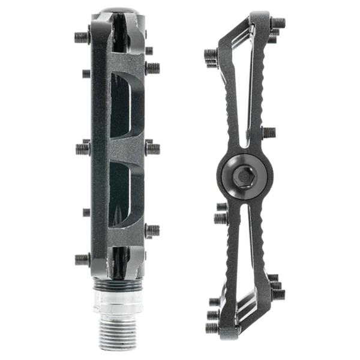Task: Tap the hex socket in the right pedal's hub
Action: [x=245, y=175]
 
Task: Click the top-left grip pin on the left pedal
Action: [x=82, y=37]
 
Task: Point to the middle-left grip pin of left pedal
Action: [x=83, y=148]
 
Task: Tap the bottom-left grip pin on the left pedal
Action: [x=82, y=259]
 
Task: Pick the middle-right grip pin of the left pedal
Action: [x=152, y=148]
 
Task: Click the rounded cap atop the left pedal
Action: [x=117, y=10]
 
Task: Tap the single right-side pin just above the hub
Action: [x=269, y=132]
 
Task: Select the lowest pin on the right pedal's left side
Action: [x=212, y=328]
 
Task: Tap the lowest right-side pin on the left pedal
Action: [x=152, y=229]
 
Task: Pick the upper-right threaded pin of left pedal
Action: [x=152, y=68]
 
